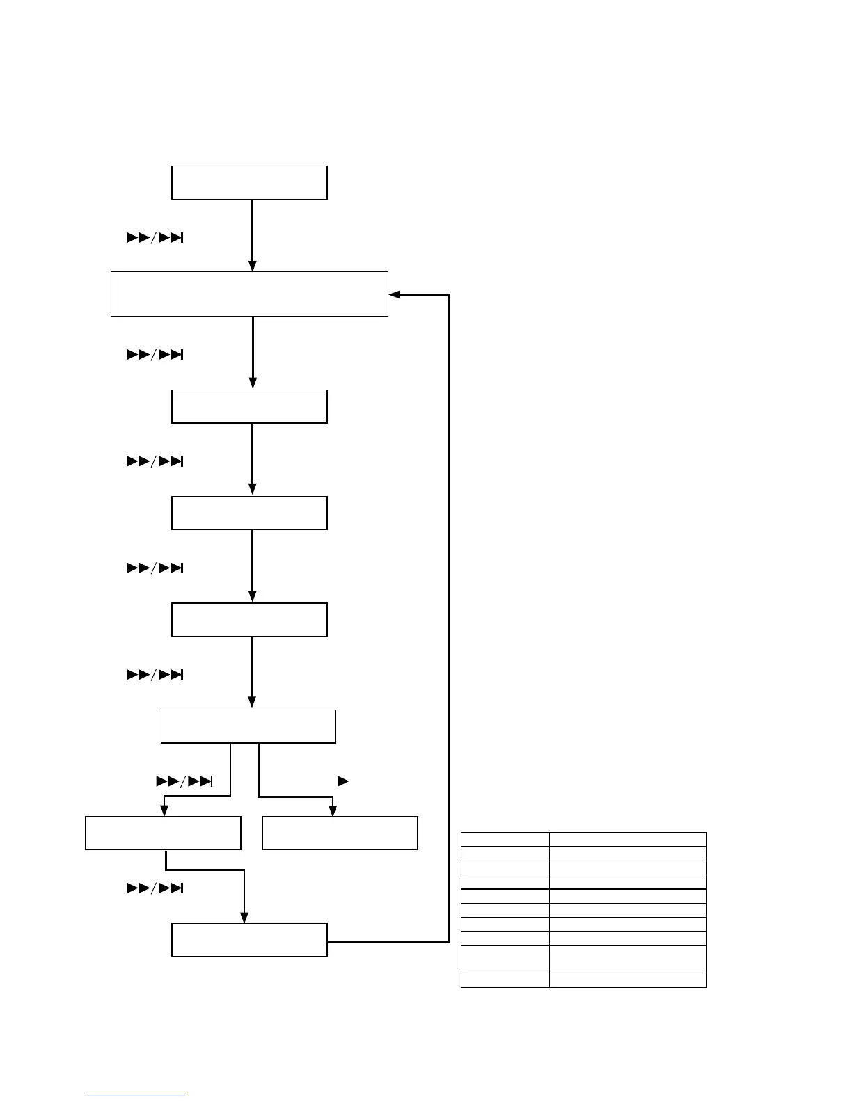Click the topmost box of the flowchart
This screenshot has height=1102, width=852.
pos(249,183)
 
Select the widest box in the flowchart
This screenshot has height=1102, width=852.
pos(249,294)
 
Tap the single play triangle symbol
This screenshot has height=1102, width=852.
pos(342,781)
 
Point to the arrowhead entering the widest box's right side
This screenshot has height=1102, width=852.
pos(394,294)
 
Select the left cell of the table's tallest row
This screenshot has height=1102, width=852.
pos(505,959)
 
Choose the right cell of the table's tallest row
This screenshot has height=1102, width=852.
pos(627,959)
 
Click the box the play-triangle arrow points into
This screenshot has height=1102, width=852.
pos(340,833)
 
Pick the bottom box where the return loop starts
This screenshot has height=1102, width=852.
pos(249,940)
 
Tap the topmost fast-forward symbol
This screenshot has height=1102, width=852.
pos(155,239)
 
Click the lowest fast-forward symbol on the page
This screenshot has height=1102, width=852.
pos(155,888)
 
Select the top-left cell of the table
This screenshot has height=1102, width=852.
pos(505,839)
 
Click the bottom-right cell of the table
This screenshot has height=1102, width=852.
pos(627,980)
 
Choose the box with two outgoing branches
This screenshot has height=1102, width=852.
pos(248,727)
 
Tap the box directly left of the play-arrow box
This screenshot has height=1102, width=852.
pos(163,833)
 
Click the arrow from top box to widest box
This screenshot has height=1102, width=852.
pos(252,235)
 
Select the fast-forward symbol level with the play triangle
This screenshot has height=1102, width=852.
pos(184,781)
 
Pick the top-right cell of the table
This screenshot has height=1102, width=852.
pos(627,839)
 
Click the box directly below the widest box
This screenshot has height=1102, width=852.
pos(249,407)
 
